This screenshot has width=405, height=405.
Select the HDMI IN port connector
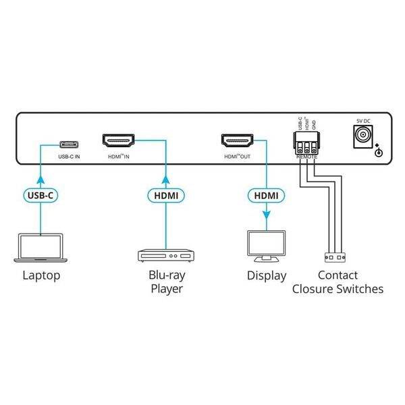click(x=118, y=142)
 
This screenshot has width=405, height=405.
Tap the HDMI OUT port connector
click(x=238, y=142)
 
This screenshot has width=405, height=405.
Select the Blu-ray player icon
click(x=165, y=256)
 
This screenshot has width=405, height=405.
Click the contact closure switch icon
click(x=336, y=256)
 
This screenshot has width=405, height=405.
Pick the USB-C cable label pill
click(x=41, y=195)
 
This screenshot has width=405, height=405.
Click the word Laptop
click(x=41, y=275)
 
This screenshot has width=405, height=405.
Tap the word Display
click(x=265, y=275)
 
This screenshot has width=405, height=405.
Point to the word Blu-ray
click(x=165, y=275)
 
